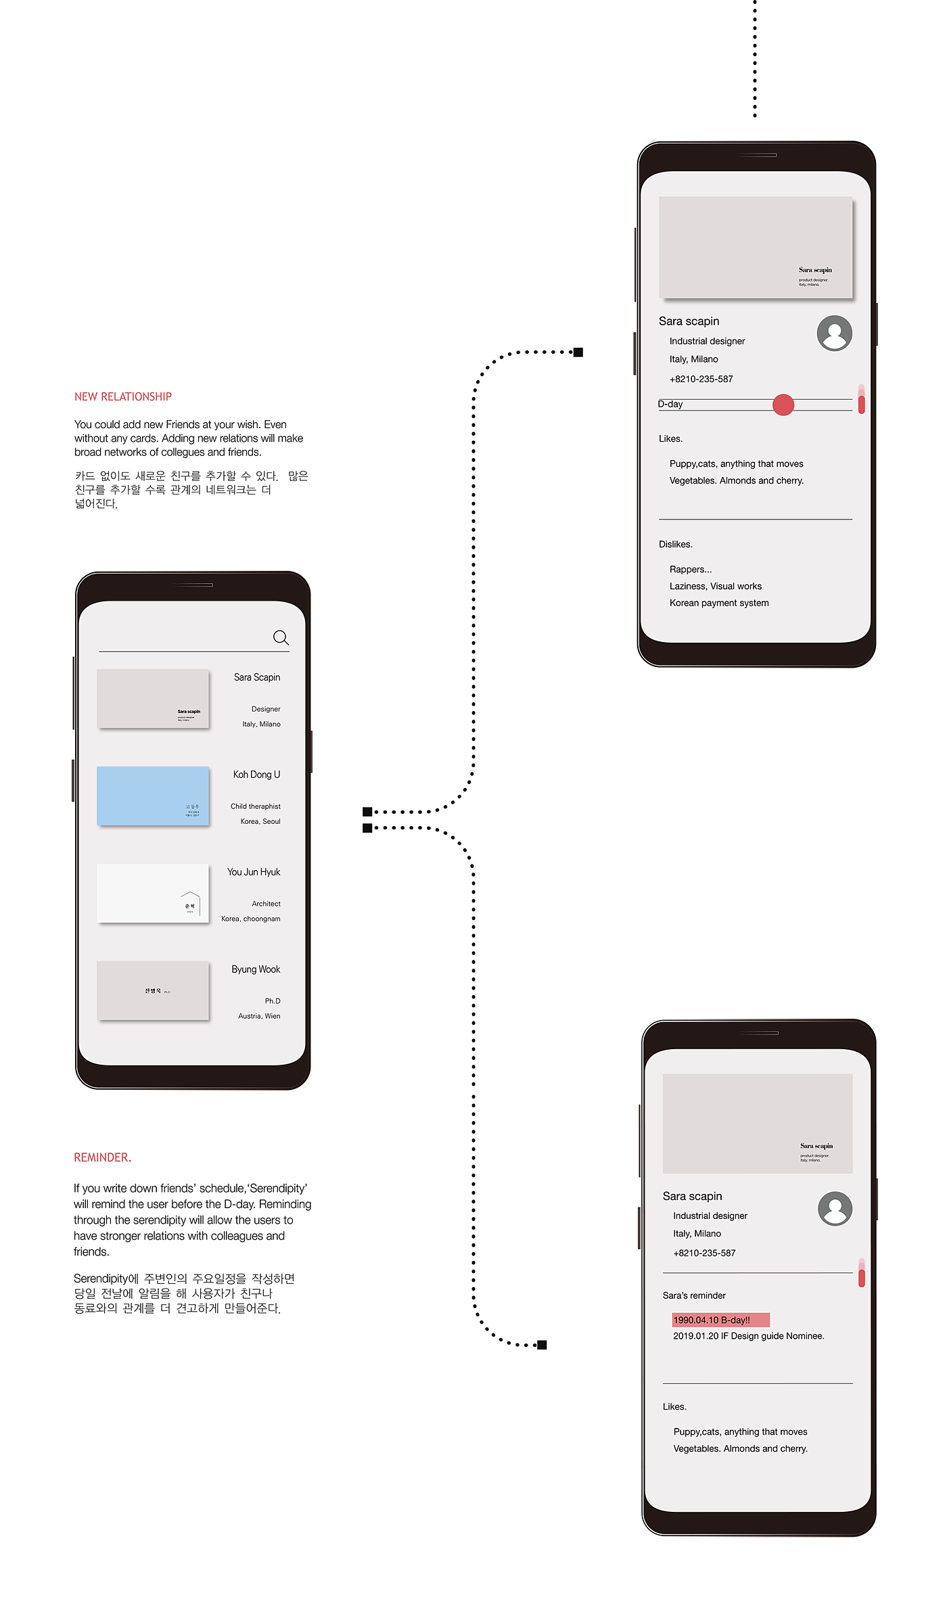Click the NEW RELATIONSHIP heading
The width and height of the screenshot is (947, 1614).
pos(123,396)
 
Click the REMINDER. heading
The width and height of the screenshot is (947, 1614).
pos(103,1157)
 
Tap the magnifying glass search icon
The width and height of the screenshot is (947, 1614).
pos(281,637)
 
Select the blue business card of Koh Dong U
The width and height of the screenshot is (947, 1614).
pos(153,796)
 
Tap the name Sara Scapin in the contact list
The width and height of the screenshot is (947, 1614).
pos(257,677)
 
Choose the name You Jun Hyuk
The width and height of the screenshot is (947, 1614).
pos(254,872)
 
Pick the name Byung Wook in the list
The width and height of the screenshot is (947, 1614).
pos(256,969)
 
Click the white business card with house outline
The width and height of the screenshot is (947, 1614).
pos(153,893)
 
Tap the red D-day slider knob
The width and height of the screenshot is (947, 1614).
pos(783,405)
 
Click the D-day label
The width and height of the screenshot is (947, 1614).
pos(670,404)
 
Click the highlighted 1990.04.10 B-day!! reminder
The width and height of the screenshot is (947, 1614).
pos(720,1320)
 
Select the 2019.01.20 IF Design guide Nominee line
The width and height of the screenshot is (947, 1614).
pos(748,1336)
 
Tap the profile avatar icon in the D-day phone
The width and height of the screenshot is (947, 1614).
pos(835,333)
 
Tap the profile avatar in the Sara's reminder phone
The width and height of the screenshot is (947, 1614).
pos(835,1208)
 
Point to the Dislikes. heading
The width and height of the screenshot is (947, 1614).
pos(676,544)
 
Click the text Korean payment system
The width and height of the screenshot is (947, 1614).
pos(719,603)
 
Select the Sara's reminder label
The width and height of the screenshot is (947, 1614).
pos(694,1295)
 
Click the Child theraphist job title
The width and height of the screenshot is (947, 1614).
pos(255,806)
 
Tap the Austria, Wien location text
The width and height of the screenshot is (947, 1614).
pos(259,1016)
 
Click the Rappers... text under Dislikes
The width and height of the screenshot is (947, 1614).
pos(691,570)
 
